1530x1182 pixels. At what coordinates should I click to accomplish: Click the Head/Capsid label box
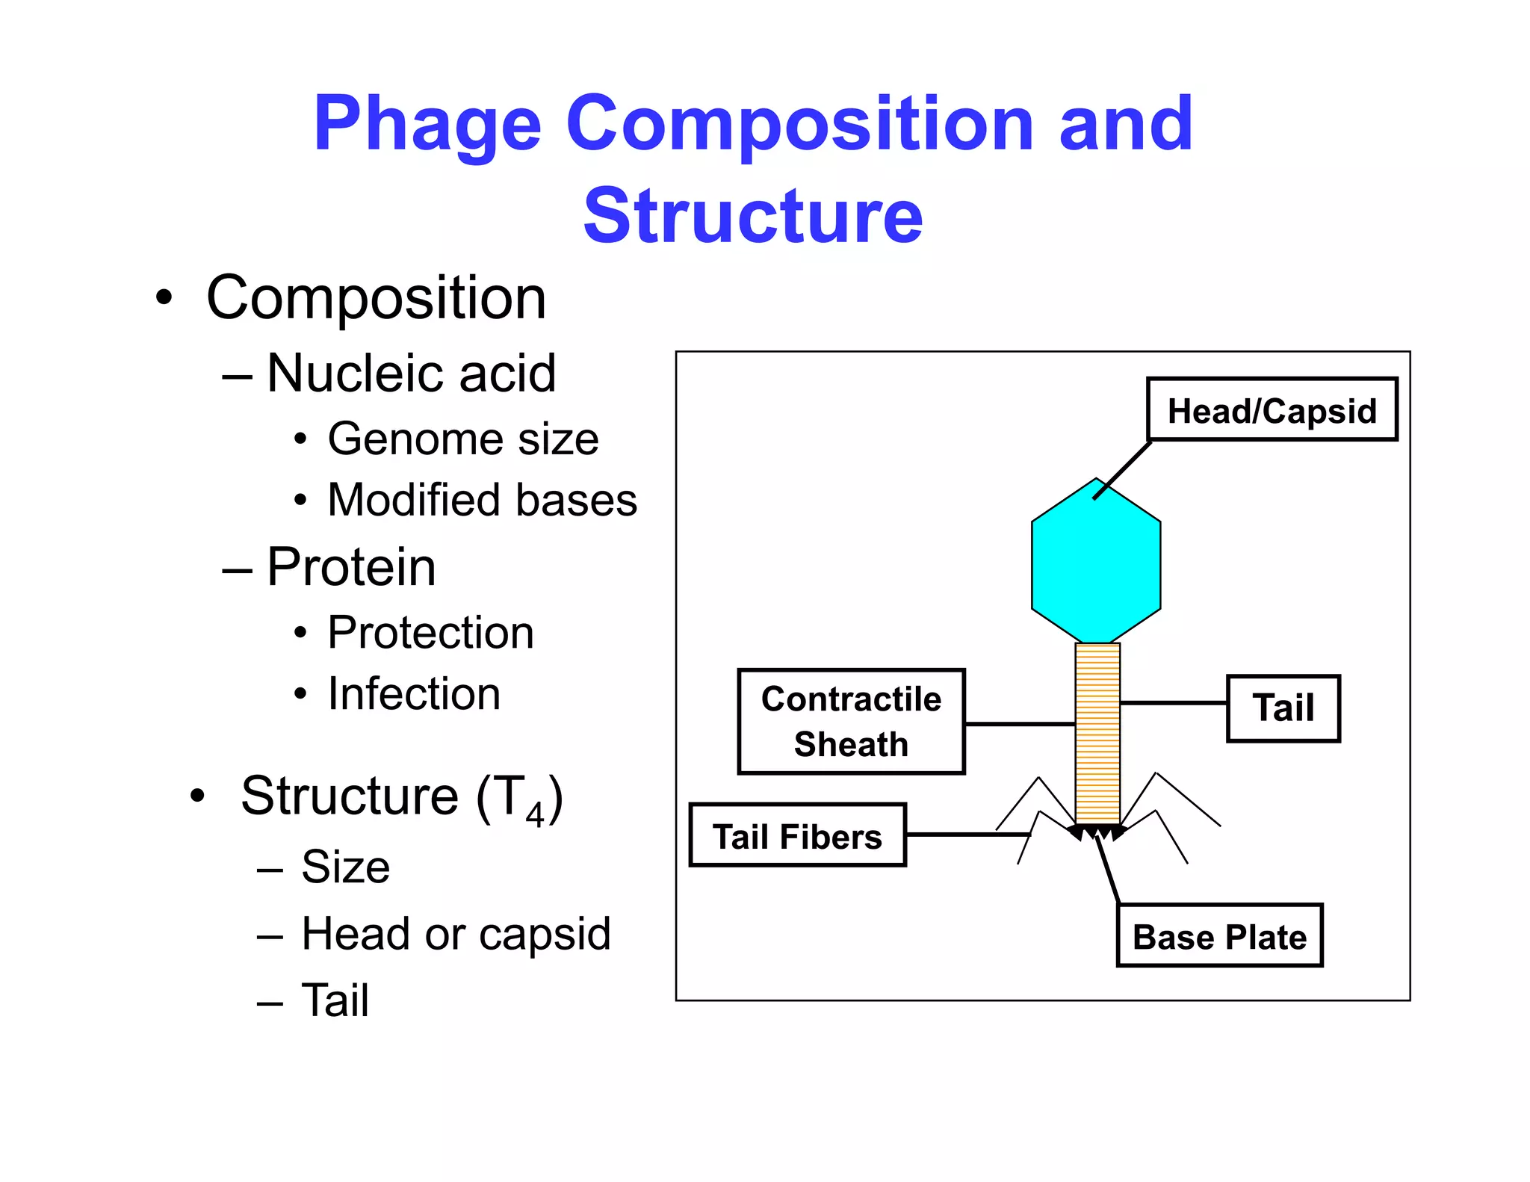[1272, 410]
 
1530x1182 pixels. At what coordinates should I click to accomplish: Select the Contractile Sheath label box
[851, 722]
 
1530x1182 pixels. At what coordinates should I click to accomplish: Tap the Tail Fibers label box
[797, 836]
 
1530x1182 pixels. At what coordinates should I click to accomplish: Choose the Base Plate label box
[1219, 936]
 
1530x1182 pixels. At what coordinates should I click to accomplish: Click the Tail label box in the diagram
[1283, 708]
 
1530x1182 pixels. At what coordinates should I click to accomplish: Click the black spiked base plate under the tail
[1097, 832]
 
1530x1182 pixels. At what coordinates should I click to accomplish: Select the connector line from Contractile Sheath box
[1019, 724]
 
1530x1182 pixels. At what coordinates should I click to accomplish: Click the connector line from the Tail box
[1173, 703]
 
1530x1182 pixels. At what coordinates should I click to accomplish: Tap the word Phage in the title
[427, 124]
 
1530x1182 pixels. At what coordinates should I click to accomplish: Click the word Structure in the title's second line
[753, 217]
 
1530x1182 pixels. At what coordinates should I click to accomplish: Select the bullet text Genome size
[463, 439]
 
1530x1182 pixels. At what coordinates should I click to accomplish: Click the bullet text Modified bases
[482, 500]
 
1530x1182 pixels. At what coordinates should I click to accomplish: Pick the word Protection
[430, 633]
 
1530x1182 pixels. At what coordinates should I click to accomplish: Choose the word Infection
[414, 694]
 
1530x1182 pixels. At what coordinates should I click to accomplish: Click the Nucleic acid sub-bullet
[411, 373]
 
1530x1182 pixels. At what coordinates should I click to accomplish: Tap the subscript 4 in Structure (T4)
[535, 814]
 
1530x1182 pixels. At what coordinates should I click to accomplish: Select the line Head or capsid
[456, 934]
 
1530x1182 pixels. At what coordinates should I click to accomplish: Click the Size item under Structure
[345, 867]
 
